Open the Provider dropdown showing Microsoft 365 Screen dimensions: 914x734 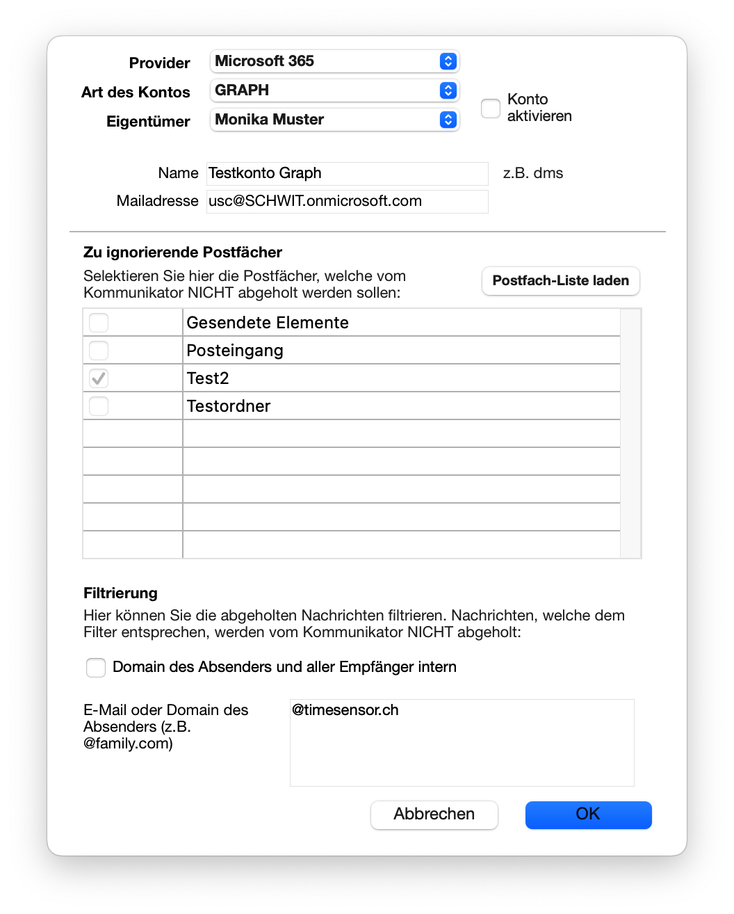334,61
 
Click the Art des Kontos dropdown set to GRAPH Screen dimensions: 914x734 334,90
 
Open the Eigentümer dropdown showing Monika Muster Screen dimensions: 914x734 334,120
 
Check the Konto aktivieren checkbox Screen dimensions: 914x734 491,109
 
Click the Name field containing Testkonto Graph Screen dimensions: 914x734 348,173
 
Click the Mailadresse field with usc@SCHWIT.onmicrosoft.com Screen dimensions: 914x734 348,202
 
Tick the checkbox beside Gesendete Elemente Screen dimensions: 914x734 99,323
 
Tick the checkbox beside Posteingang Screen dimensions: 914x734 99,350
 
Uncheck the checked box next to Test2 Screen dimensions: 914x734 99,378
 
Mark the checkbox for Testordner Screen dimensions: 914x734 99,406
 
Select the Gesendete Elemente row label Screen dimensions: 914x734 268,323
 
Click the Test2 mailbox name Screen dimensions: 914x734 208,378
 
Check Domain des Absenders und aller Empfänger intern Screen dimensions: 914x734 96,668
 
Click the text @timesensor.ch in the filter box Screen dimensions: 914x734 345,710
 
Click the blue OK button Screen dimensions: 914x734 588,815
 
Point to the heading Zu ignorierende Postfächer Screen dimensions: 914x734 183,252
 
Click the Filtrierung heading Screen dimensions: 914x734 120,593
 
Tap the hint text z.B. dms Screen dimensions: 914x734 533,173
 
